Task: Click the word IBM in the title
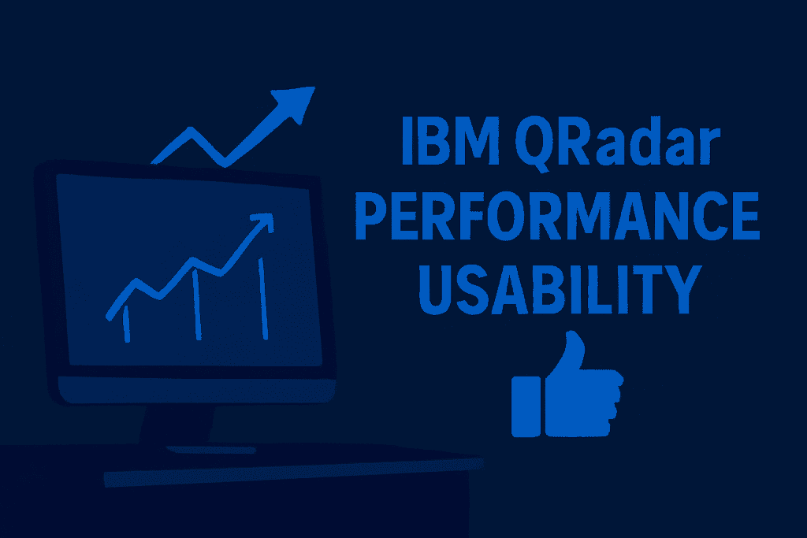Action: tap(450, 140)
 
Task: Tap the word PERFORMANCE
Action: tap(557, 215)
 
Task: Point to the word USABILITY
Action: tap(560, 290)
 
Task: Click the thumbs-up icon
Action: tap(567, 384)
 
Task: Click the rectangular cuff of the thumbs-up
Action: tap(526, 406)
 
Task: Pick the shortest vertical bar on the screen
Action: tap(127, 324)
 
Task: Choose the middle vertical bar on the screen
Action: tap(196, 305)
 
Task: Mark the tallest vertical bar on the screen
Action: tap(263, 299)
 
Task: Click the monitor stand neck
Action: tap(177, 425)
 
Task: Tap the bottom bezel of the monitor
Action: tap(196, 391)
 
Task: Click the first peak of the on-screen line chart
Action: tap(136, 281)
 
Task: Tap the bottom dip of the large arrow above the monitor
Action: tap(225, 164)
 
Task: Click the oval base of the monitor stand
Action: tap(211, 450)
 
